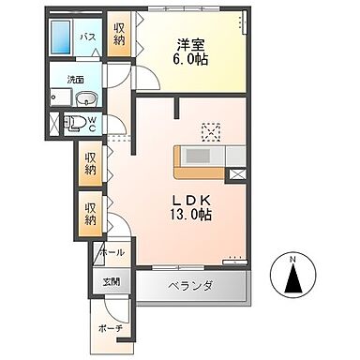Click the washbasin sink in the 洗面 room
coord(84,100)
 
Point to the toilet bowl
coord(80,121)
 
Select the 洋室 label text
coord(192,43)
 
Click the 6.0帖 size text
coord(192,59)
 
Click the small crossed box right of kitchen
coord(238,172)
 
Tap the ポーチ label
coord(110,327)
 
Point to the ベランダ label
coord(191,285)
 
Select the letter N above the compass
coord(293,258)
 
